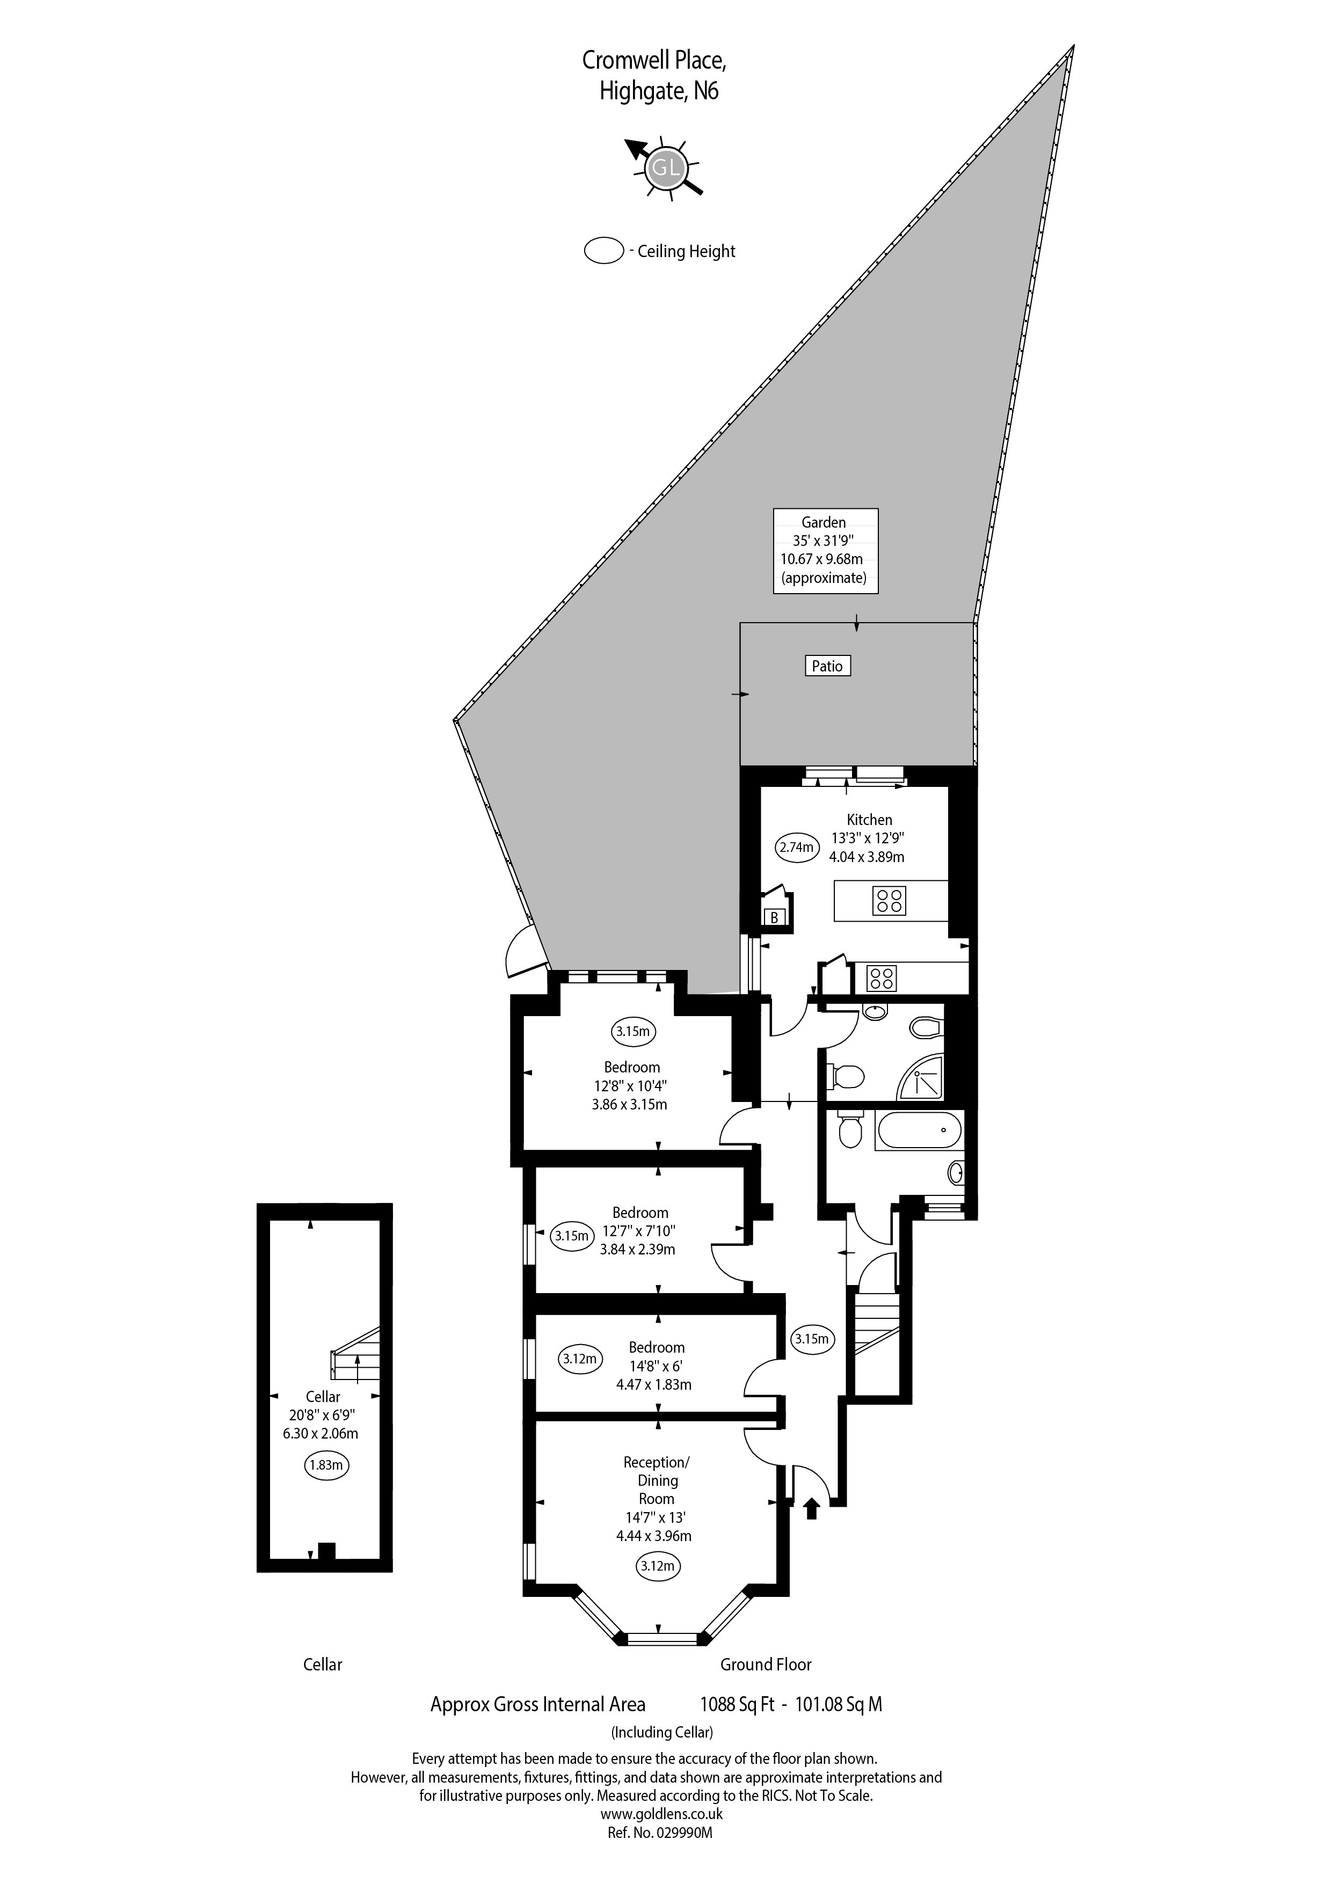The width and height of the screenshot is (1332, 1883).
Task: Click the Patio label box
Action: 827,666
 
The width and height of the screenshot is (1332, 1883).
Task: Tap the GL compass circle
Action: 664,169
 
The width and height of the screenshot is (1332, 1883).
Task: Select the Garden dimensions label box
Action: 826,550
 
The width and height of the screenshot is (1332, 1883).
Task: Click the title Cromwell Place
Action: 654,60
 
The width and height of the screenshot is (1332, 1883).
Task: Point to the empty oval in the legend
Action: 603,251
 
